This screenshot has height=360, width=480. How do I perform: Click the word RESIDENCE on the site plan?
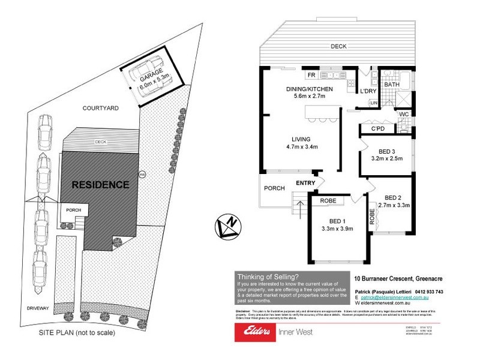[x=100, y=184]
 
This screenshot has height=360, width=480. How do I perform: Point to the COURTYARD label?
[x=100, y=108]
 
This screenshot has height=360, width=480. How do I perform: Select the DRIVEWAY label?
[x=38, y=308]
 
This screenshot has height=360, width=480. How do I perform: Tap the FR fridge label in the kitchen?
[x=311, y=76]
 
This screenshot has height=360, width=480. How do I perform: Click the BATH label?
[x=392, y=85]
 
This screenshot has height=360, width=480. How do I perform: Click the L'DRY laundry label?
[x=367, y=91]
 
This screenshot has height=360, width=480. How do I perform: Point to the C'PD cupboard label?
[x=377, y=128]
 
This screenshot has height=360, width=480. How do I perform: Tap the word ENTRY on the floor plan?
[x=305, y=183]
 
